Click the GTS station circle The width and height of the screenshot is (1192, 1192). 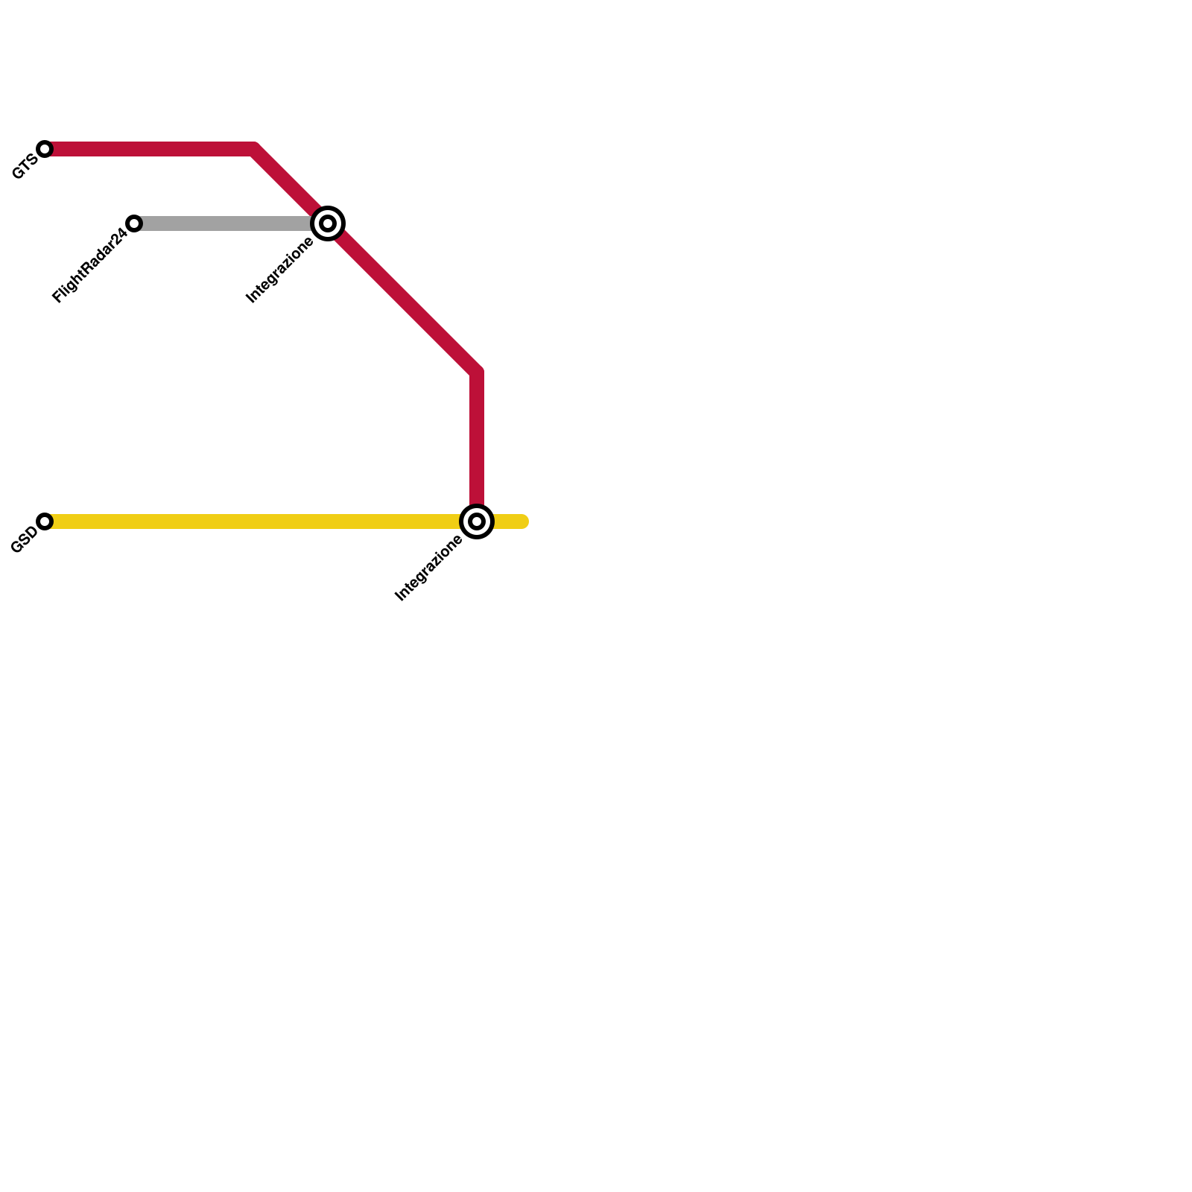45,149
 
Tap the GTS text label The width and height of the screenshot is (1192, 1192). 25,167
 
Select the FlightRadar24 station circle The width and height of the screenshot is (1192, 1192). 134,223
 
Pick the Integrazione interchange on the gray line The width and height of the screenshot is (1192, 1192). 328,223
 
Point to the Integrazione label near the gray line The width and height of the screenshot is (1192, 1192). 280,270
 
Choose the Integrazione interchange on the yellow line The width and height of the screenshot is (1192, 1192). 477,521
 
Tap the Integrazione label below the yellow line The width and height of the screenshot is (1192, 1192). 429,568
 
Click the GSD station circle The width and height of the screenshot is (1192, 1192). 45,521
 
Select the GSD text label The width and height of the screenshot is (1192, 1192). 24,540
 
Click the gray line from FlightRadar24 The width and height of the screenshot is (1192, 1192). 223,223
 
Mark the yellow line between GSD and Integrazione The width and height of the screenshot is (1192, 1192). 253,521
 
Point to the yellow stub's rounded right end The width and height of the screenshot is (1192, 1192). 524,521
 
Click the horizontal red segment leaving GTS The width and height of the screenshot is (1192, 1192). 149,149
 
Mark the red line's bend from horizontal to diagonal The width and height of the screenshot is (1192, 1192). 255,150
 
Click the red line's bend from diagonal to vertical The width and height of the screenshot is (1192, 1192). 476,370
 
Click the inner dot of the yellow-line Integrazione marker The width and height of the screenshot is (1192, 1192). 477,521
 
